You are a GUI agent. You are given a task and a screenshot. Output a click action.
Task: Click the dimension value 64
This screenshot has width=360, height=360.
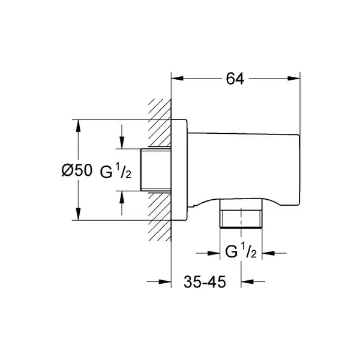pos(235,79)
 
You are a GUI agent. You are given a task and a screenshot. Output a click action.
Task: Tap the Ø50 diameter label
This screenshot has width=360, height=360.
pos(77,170)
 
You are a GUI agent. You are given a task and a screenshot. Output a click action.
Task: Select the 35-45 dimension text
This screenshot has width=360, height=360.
pos(205,281)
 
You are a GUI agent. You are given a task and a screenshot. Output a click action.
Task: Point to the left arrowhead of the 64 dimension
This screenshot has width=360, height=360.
pos(178,79)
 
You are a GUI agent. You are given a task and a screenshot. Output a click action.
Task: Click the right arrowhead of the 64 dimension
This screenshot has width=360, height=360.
pos(294,79)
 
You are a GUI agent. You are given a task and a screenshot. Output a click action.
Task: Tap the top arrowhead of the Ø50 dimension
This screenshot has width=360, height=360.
pos(78,126)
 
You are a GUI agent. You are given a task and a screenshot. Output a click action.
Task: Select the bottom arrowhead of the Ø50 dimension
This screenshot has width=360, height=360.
pos(78,214)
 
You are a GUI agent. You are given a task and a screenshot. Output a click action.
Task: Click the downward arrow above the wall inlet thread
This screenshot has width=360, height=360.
pos(122,137)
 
